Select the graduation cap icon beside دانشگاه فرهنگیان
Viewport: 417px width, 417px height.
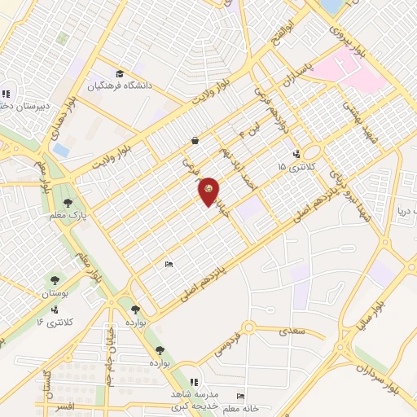pos(121,74)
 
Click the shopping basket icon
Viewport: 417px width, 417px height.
pos(195,140)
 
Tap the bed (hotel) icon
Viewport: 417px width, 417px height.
pos(169,264)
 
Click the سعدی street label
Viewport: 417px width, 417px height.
pos(292,331)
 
